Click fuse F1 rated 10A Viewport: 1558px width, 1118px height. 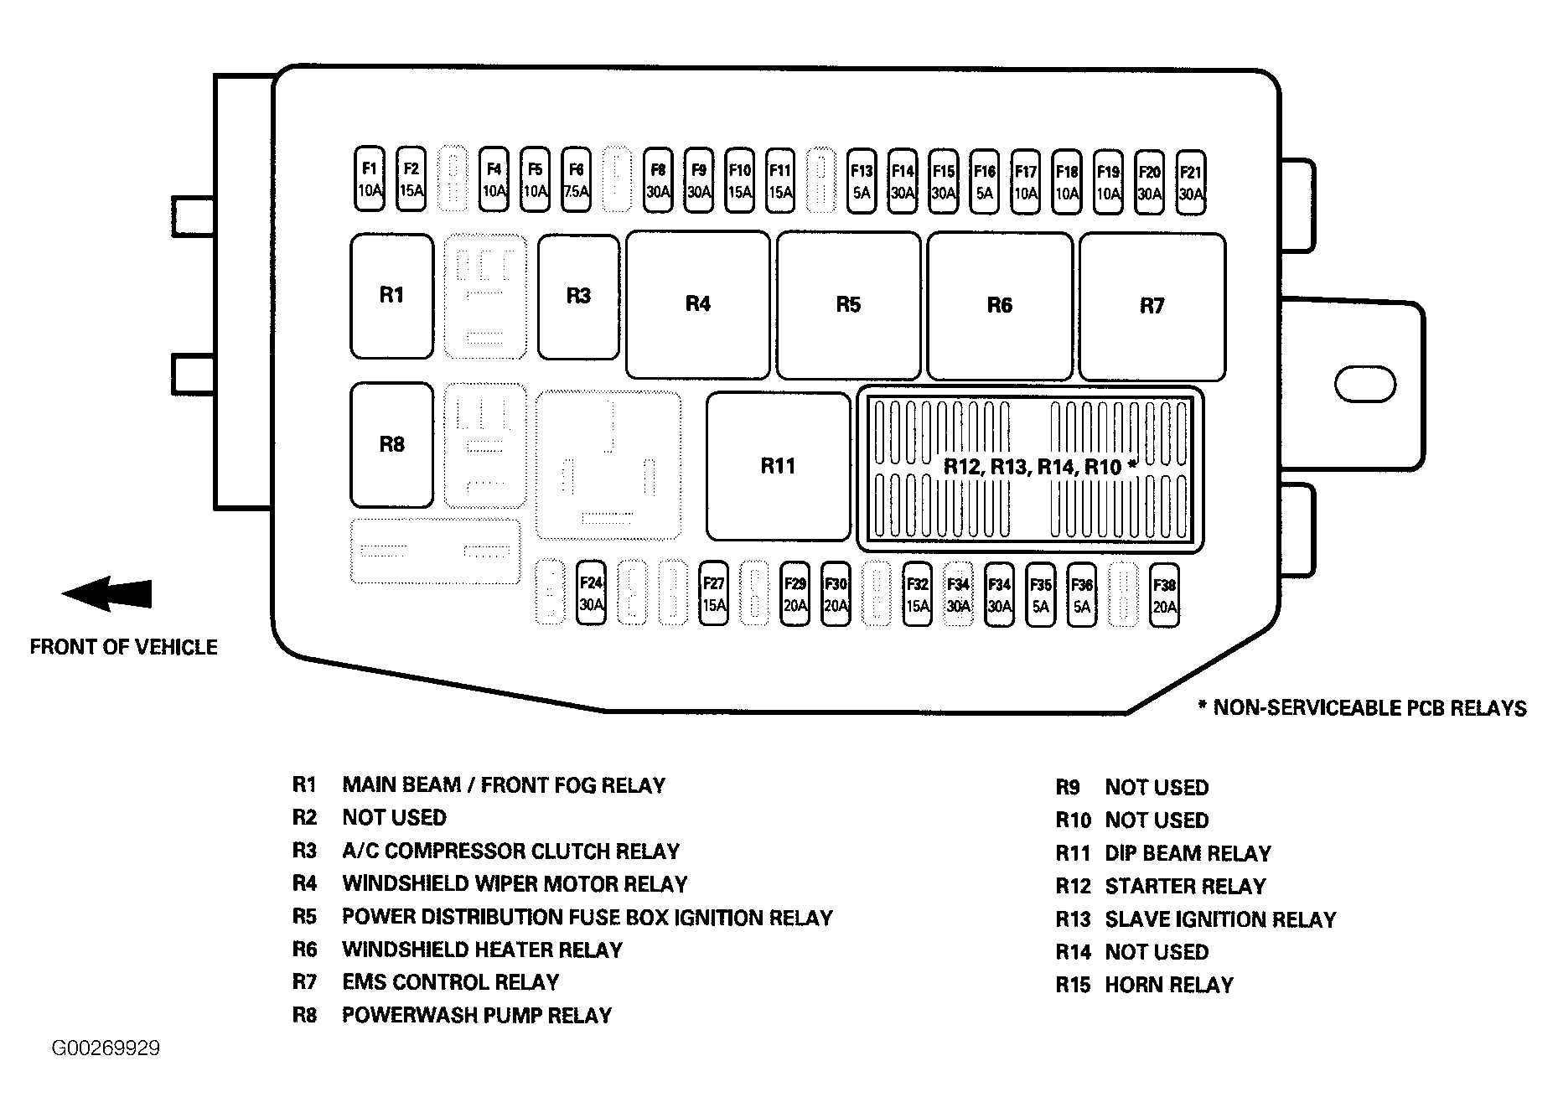coord(370,180)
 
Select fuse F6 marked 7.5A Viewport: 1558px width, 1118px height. coord(576,180)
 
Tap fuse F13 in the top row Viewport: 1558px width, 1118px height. coord(862,181)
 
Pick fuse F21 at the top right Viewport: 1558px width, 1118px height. coord(1190,183)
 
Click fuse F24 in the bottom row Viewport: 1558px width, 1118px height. coord(592,593)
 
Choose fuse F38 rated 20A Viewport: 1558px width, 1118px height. coord(1164,596)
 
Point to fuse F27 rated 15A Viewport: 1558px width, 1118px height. coord(713,593)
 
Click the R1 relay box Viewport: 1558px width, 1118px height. coord(391,296)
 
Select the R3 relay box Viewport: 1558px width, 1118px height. coord(578,297)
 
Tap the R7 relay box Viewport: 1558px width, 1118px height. coord(1152,306)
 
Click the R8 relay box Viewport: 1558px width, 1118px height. coord(391,445)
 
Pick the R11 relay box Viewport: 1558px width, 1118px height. coord(778,466)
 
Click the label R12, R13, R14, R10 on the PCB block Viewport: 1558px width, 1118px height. coord(1039,467)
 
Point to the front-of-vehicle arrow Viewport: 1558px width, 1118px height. coord(106,593)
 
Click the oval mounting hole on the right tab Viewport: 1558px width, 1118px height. coord(1364,385)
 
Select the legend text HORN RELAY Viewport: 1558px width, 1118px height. coord(1169,985)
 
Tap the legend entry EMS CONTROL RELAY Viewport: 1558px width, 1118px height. coord(450,982)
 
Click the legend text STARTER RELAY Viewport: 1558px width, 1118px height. coord(1185,886)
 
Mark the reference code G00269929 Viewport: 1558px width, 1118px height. coord(106,1048)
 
